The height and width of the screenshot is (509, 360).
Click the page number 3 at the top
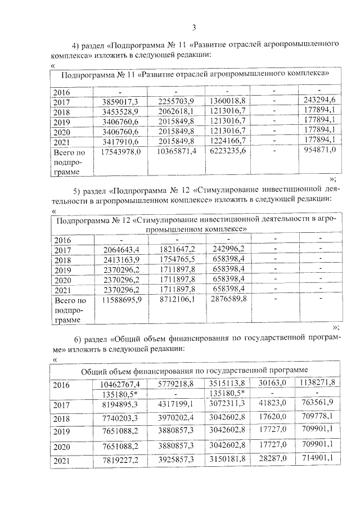193,26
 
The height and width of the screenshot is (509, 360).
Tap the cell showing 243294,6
318,101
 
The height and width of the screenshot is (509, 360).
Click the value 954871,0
318,151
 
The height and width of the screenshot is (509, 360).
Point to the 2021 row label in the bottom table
62,461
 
